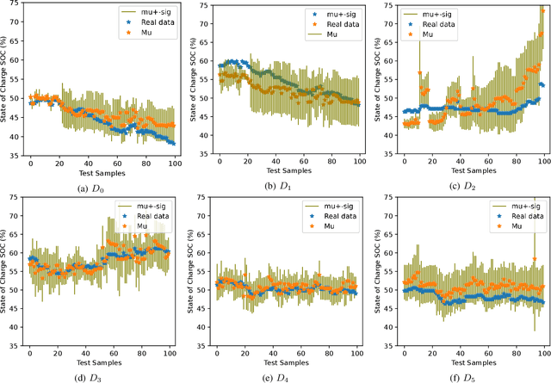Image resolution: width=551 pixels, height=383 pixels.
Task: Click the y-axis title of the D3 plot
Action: pos(6,274)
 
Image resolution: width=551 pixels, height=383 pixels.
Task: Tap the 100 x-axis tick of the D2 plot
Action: pos(543,164)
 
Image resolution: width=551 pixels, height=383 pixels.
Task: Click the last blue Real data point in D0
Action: pos(173,143)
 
